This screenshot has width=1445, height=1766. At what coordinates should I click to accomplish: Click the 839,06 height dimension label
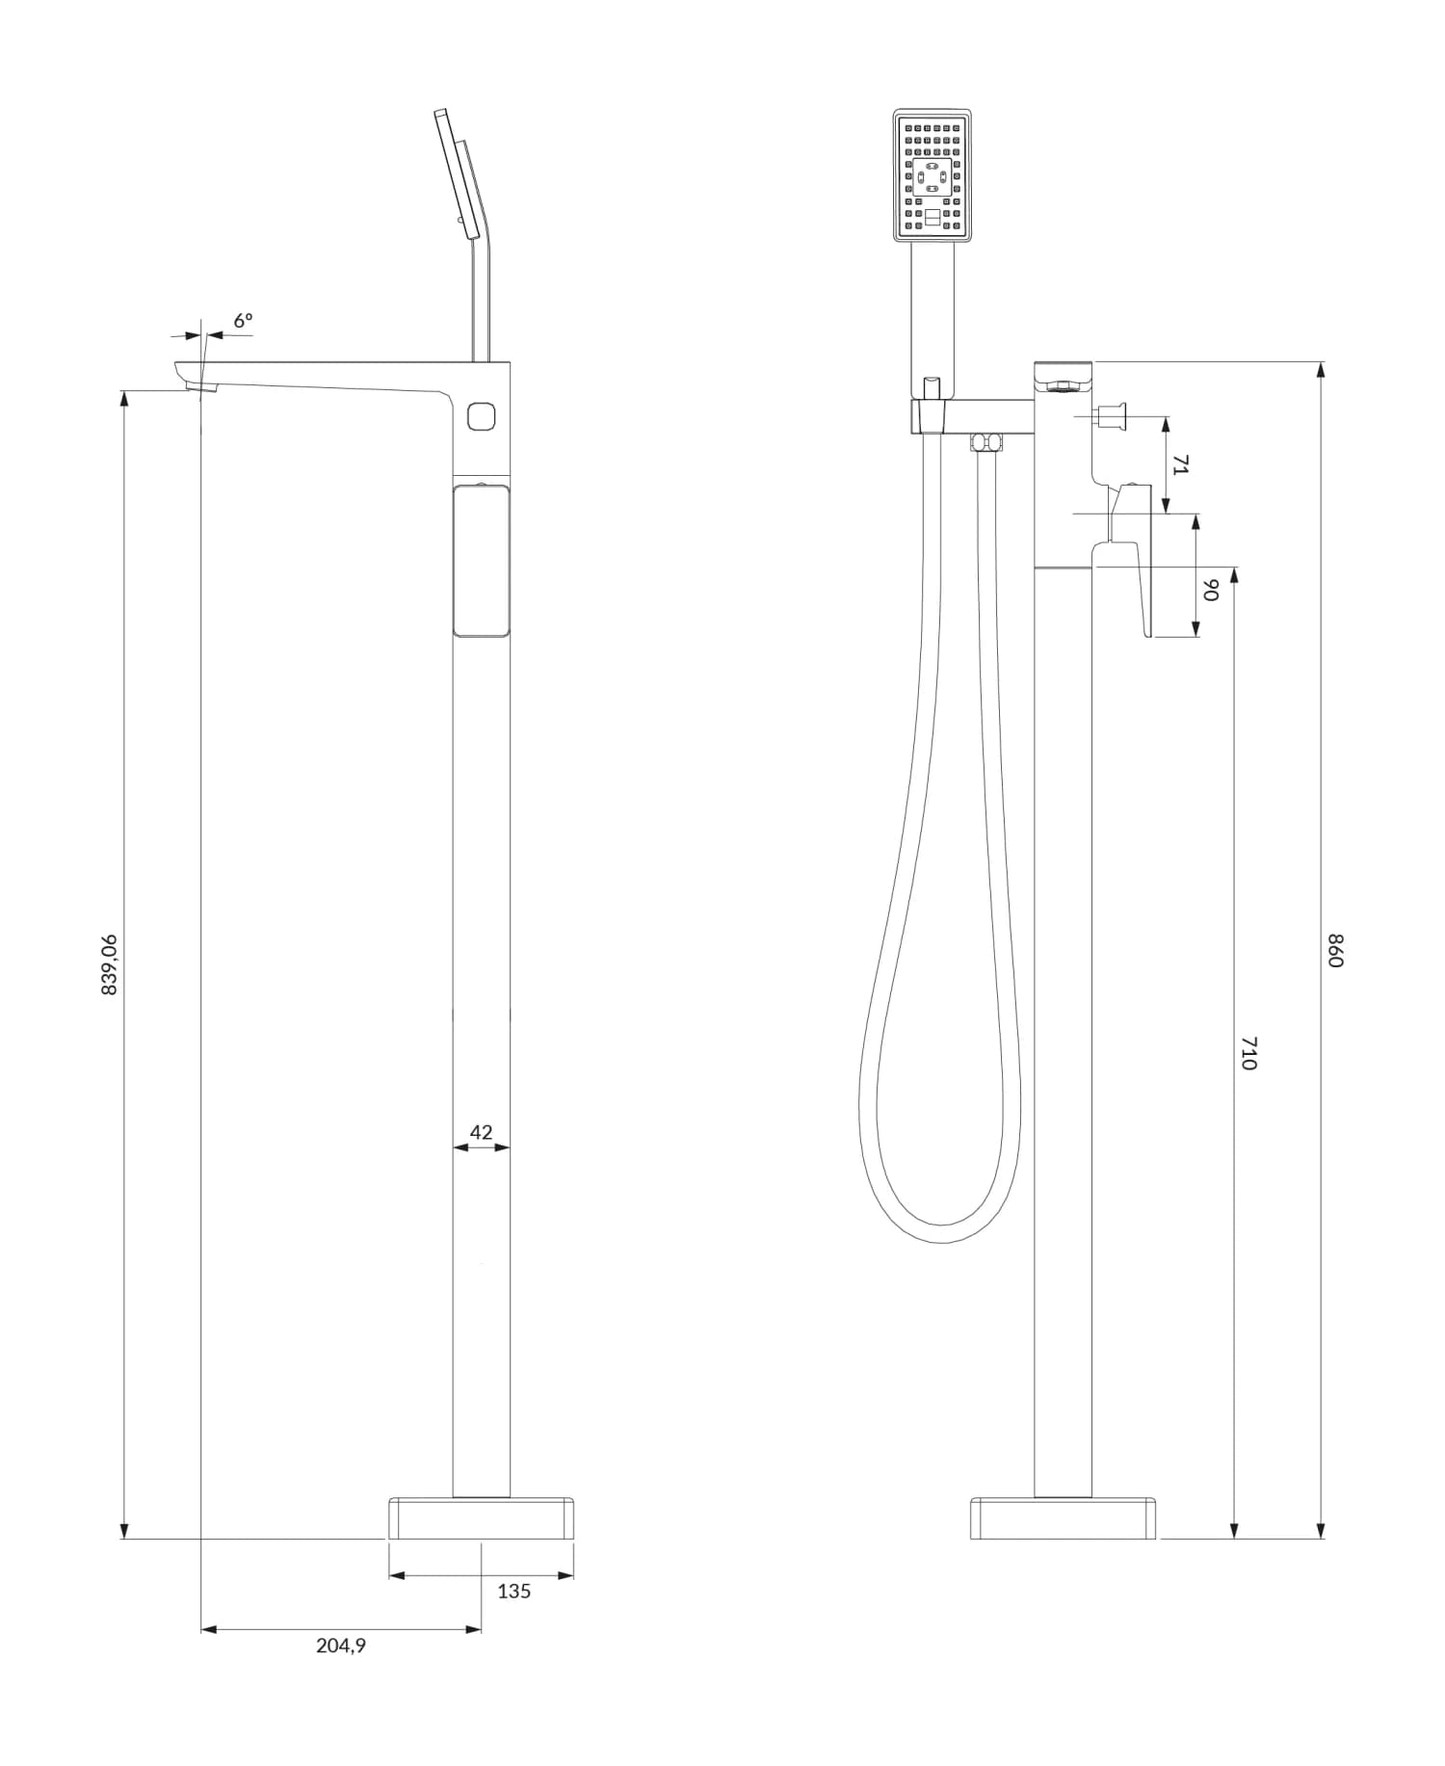109,963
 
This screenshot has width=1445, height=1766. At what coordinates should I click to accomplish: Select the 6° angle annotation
243,320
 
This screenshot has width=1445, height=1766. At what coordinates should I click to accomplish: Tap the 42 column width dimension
481,1132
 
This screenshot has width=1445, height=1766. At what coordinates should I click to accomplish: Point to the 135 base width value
513,1591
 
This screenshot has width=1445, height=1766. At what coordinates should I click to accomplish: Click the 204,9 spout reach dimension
341,1646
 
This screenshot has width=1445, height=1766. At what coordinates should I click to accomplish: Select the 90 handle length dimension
1212,590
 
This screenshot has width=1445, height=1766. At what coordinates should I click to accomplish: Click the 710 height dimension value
1248,1053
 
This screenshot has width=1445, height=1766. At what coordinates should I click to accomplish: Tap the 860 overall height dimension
1334,950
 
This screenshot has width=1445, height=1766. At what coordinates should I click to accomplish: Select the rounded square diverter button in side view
481,416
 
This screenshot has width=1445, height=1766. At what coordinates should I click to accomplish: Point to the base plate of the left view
481,1517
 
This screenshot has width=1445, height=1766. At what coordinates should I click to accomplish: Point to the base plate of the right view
1063,1517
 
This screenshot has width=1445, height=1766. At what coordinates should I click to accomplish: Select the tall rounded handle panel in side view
481,561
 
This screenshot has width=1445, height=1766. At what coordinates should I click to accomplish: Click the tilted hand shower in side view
456,173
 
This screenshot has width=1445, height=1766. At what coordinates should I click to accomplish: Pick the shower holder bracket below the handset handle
931,417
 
